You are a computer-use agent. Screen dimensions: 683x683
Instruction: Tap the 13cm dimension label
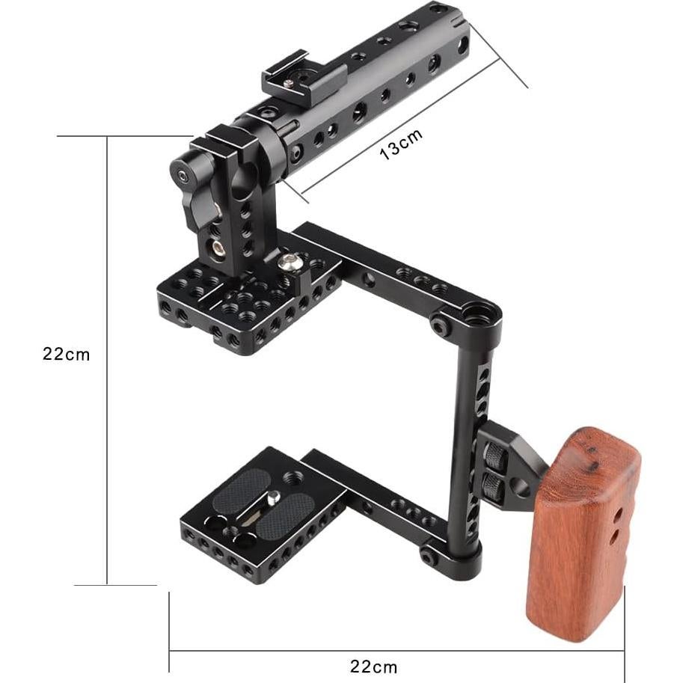[x=401, y=144]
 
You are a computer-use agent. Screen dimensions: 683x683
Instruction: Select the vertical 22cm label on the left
[x=67, y=354]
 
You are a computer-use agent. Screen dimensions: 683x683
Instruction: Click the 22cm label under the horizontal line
[x=374, y=667]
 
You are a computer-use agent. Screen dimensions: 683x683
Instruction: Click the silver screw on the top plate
[x=287, y=261]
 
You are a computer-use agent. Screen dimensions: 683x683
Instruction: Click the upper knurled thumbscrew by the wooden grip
[x=494, y=454]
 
